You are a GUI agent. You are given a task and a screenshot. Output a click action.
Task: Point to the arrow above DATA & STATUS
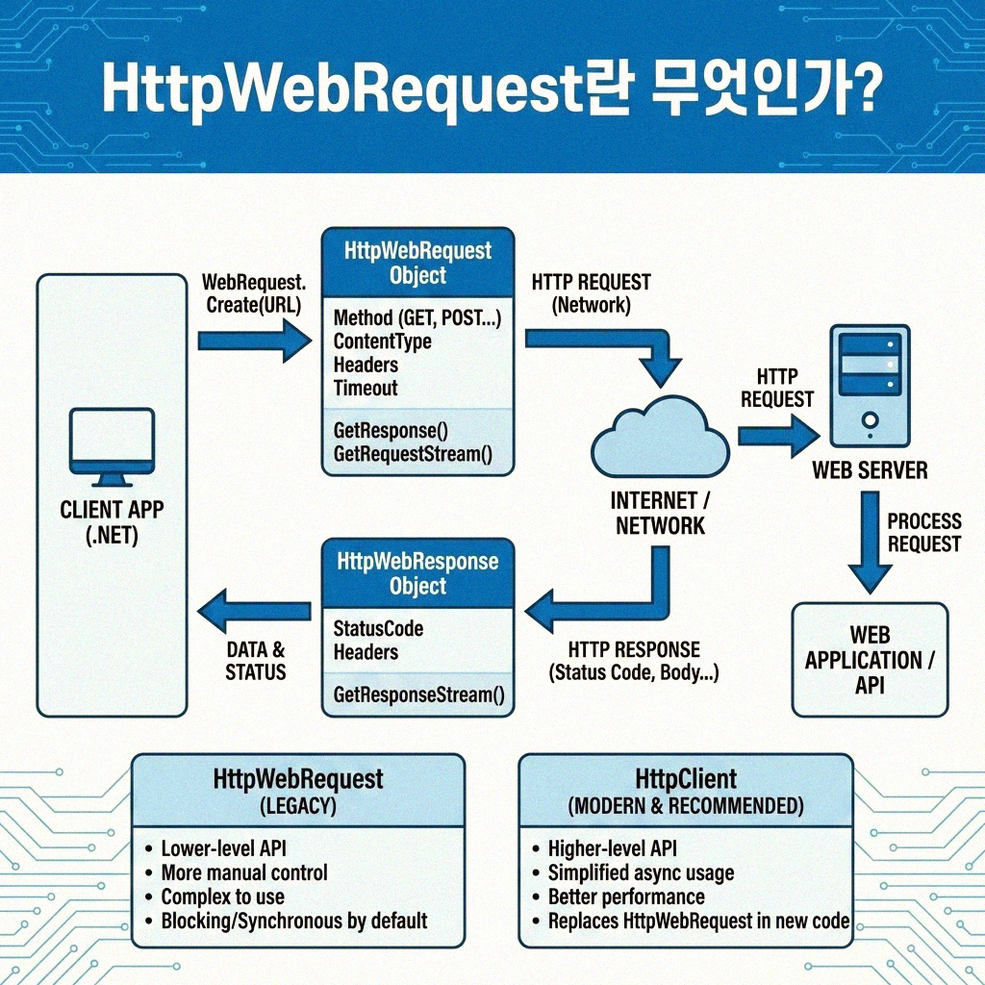253,610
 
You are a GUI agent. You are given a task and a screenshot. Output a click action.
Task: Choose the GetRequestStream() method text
412,453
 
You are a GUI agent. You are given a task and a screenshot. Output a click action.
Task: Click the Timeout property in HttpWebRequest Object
366,389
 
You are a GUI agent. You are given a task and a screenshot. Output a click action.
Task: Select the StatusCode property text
378,629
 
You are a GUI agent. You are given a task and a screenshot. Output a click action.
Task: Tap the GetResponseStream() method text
418,695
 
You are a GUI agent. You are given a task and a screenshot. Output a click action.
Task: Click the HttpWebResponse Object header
417,573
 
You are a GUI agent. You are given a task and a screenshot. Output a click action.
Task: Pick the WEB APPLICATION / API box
869,660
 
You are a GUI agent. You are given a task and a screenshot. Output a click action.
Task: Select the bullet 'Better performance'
625,897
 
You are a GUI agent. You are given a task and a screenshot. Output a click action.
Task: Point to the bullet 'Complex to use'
222,897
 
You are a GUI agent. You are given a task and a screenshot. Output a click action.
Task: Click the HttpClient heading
686,778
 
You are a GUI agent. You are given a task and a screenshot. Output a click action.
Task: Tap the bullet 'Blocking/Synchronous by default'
293,921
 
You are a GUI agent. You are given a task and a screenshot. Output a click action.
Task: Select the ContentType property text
382,341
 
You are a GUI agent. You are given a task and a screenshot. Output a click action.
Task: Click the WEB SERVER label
870,470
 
